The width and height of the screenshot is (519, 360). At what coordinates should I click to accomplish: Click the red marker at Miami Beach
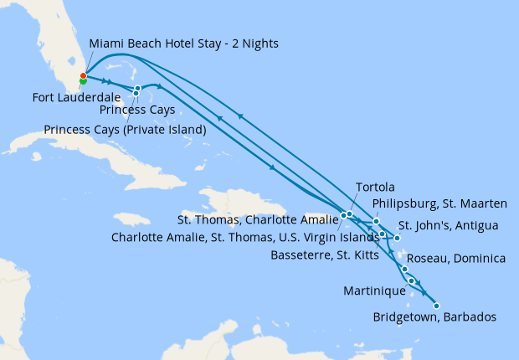[x=83, y=76]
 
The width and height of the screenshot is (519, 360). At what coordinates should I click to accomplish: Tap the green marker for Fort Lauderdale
[x=82, y=81]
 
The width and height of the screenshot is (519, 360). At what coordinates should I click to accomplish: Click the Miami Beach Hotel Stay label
[x=183, y=43]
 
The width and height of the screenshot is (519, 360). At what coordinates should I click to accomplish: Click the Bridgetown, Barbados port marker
[x=436, y=306]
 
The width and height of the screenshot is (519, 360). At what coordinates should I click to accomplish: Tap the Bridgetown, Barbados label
[x=435, y=317]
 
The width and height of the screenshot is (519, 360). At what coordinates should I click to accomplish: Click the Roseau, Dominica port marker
[x=405, y=269]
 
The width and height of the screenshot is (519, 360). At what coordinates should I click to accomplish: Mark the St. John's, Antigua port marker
[x=398, y=239]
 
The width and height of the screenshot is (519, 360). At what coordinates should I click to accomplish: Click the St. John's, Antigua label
[x=448, y=225]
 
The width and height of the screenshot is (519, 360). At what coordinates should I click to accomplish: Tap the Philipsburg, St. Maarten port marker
[x=377, y=222]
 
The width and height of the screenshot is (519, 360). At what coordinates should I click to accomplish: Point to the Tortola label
[x=374, y=187]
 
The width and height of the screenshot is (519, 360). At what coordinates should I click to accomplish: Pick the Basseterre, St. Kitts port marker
[x=382, y=234]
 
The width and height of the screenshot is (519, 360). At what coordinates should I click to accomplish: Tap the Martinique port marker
[x=412, y=280]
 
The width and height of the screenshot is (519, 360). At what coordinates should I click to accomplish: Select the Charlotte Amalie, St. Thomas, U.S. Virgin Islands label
[x=245, y=237]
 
